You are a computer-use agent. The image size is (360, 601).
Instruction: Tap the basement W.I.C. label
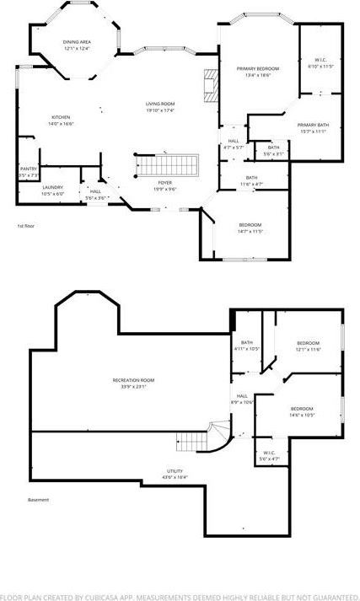(269, 454)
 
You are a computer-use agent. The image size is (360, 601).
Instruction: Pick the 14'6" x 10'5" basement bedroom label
(303, 411)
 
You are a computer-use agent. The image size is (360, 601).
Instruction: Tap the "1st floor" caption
(26, 226)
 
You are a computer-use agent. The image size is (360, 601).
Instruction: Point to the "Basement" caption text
(38, 500)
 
